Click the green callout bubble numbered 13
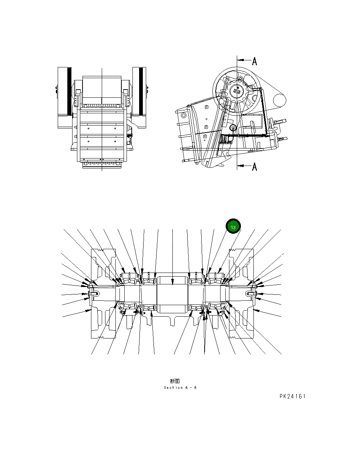point(233,226)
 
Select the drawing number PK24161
point(292,396)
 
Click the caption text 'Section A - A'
point(180,388)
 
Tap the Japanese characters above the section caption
point(175,381)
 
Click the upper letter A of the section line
point(255,61)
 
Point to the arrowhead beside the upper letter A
point(239,59)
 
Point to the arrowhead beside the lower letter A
point(239,166)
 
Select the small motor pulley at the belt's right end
point(280,99)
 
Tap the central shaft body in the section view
point(173,294)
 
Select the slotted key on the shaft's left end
point(93,294)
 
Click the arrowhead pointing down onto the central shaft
point(173,284)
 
